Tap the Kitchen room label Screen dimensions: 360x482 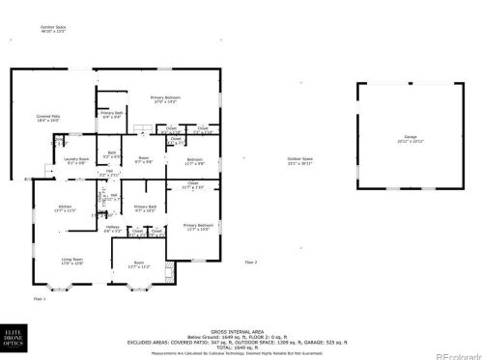tap(66, 208)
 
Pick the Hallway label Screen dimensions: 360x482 tap(112, 229)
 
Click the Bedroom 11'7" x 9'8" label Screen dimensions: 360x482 tap(194, 161)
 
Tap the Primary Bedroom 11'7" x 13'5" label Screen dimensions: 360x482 tap(196, 227)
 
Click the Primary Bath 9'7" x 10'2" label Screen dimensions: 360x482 tap(145, 208)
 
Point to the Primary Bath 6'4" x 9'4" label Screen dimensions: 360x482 tap(112, 116)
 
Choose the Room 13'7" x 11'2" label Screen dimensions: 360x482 tap(139, 264)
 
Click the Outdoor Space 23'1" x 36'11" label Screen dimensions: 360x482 tap(300, 161)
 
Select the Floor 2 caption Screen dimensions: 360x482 tap(250, 263)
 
